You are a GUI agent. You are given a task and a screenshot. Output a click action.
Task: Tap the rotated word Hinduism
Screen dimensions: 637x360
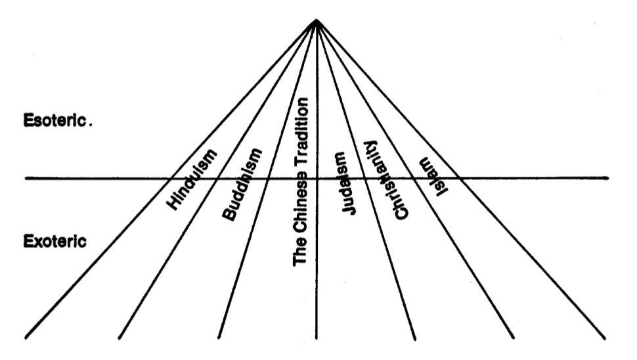point(192,179)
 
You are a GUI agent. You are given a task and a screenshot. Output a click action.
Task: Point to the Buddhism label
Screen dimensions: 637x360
point(242,184)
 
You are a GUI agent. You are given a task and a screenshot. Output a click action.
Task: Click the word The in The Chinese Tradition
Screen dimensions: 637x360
point(300,252)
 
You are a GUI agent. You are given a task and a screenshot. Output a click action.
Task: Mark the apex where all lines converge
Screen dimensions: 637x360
point(317,20)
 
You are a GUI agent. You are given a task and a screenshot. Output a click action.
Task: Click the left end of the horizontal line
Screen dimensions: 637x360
point(26,178)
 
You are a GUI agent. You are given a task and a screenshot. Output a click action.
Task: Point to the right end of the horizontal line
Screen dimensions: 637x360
point(608,178)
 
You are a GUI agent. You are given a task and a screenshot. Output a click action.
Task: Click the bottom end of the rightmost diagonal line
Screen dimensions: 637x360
point(605,338)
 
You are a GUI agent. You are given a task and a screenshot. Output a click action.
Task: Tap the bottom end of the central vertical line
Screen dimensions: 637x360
point(317,339)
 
